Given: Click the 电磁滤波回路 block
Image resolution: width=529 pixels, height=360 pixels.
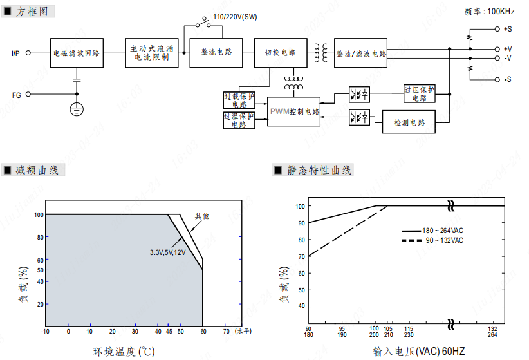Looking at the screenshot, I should pyautogui.click(x=77, y=53).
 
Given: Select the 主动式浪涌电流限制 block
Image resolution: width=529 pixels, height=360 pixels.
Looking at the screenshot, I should pyautogui.click(x=151, y=53).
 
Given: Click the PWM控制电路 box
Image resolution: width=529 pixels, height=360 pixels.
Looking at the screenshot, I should pyautogui.click(x=294, y=111).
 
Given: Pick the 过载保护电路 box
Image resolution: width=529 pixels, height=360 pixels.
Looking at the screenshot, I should pyautogui.click(x=239, y=100).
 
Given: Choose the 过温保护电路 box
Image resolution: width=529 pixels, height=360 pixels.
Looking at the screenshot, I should pyautogui.click(x=239, y=120).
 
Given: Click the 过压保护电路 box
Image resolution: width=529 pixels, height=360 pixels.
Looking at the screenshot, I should pyautogui.click(x=420, y=94).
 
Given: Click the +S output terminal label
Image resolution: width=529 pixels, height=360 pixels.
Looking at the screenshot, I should pyautogui.click(x=508, y=29).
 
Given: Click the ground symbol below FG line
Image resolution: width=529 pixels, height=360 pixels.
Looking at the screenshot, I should pyautogui.click(x=77, y=108).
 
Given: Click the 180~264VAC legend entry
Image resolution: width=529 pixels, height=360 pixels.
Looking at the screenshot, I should pyautogui.click(x=443, y=231).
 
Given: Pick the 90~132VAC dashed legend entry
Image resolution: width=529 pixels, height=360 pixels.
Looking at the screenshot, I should pyautogui.click(x=443, y=240).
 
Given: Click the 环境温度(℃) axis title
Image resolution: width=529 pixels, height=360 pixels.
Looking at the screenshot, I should pyautogui.click(x=124, y=352).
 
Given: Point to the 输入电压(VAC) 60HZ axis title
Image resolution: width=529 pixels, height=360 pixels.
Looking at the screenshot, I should pyautogui.click(x=418, y=352).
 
